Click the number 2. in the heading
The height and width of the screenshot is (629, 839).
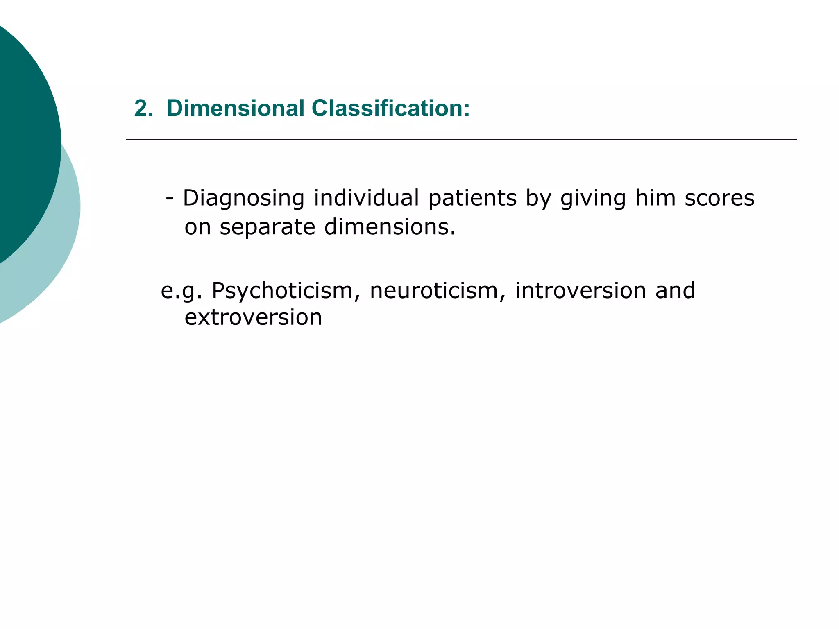click(143, 109)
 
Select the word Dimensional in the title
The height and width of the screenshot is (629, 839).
click(236, 109)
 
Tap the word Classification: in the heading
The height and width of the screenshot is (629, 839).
click(390, 109)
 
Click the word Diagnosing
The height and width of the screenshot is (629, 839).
click(244, 199)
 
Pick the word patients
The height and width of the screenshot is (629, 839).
click(473, 199)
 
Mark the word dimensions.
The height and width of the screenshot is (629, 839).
click(390, 227)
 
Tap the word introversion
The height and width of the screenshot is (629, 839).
click(580, 291)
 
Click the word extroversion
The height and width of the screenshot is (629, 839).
click(253, 317)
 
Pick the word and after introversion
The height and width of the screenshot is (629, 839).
click(675, 291)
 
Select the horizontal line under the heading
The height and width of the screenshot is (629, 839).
click(461, 140)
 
